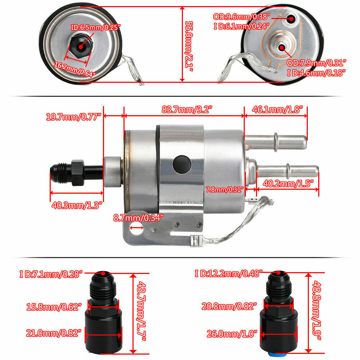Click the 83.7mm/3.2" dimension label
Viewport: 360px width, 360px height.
[184, 109]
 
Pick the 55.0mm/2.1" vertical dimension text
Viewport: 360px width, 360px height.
[189, 45]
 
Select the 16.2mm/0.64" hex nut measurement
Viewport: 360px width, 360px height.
[76, 69]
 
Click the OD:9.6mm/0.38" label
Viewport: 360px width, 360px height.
[242, 17]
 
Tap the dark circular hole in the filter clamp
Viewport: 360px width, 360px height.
[180, 163]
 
